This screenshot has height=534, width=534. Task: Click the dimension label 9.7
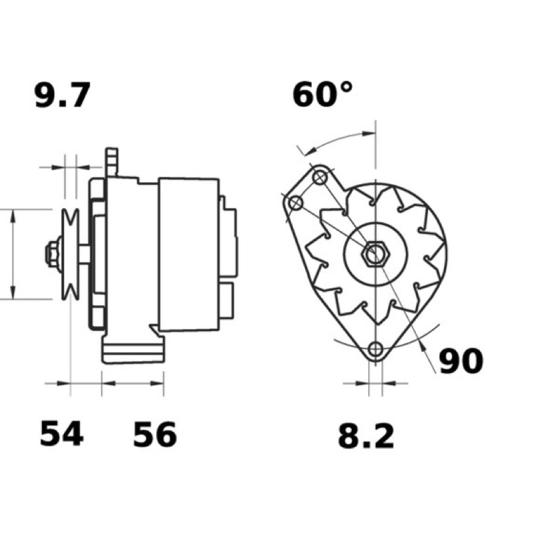click(x=63, y=95)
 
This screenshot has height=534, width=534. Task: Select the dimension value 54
click(x=61, y=433)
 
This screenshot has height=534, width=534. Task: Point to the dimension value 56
click(x=155, y=435)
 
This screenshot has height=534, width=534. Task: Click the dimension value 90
click(x=461, y=361)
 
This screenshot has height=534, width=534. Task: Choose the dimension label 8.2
click(x=366, y=436)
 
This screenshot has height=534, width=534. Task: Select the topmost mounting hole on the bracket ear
click(x=320, y=177)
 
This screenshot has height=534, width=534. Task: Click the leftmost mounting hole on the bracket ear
click(x=295, y=204)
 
